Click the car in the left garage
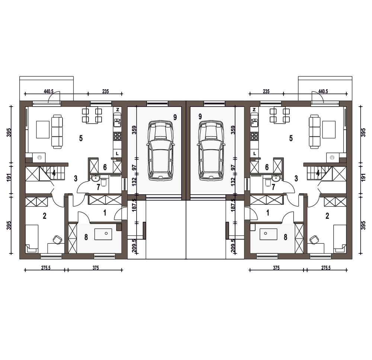coord(161,151)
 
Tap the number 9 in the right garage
coord(200,117)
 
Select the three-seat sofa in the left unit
coord(57,132)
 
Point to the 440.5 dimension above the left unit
coord(49,91)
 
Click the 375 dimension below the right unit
coord(276,268)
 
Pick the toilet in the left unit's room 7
coord(104,182)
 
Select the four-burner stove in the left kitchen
coord(117,136)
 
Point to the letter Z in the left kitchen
coord(118,110)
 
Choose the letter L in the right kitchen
coord(254,153)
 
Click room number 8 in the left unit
coord(86,237)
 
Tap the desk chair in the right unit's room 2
coord(314,240)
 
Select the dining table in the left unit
coord(92,116)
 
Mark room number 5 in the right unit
coord(291,138)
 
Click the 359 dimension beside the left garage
coord(135,130)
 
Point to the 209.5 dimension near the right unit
coord(233,246)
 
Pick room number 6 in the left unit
coord(105,167)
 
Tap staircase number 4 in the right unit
coord(318,173)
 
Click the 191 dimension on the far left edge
coord(9,178)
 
